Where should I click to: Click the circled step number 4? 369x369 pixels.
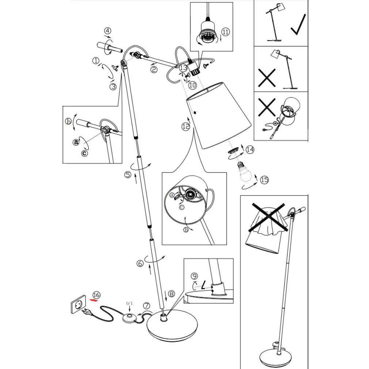[x=108, y=31]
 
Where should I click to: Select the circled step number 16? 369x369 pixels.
[x=96, y=294]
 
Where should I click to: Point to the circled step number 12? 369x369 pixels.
[x=186, y=126]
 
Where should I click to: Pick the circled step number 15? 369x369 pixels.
[x=264, y=179]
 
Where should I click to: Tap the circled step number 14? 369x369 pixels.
[x=250, y=149]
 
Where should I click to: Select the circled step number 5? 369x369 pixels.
[x=128, y=175]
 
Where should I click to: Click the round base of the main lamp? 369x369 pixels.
[x=172, y=323]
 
